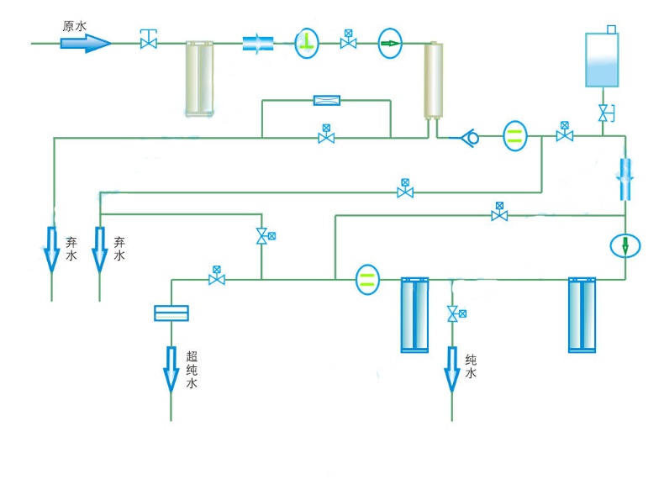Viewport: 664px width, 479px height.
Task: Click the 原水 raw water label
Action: pos(75,26)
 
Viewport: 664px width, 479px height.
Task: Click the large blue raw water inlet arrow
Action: pos(85,42)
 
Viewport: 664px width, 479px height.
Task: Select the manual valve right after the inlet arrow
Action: pos(149,39)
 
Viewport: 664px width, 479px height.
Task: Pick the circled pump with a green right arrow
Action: pos(390,42)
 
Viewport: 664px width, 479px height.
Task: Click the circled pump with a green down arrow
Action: pos(625,245)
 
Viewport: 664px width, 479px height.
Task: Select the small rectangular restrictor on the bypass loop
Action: pos(326,101)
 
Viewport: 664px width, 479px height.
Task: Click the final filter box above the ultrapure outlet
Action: pos(171,313)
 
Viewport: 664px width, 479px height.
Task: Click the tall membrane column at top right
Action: pos(434,80)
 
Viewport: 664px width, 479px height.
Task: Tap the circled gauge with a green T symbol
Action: pos(307,42)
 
